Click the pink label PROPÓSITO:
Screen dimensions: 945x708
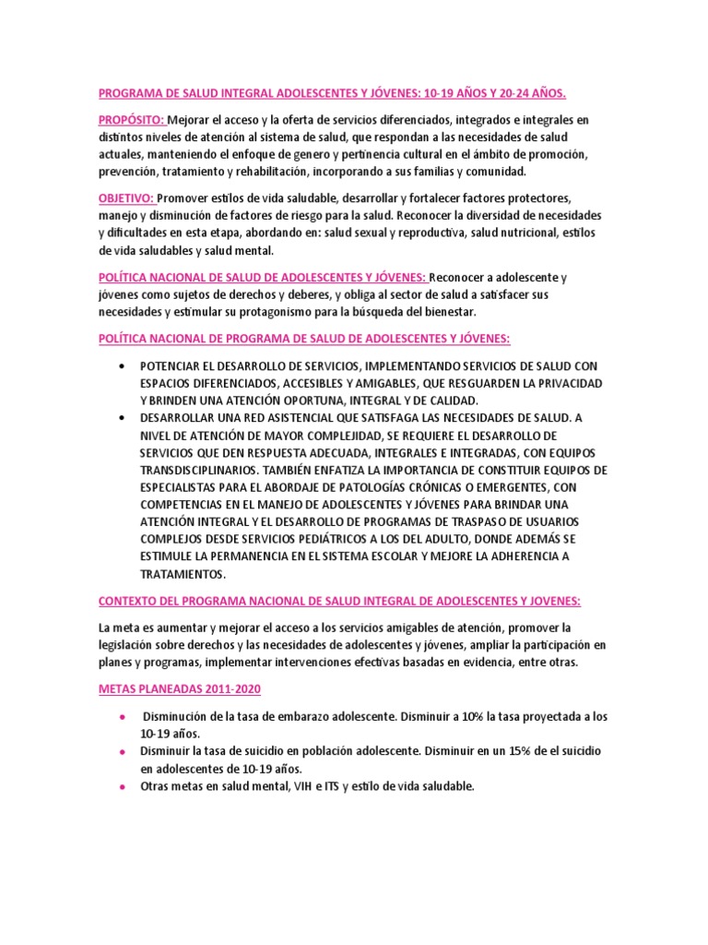pos(132,120)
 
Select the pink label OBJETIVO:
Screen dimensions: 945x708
pos(127,198)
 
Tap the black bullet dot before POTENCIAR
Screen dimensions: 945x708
pos(123,365)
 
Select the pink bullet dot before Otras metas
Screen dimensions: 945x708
pos(123,786)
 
